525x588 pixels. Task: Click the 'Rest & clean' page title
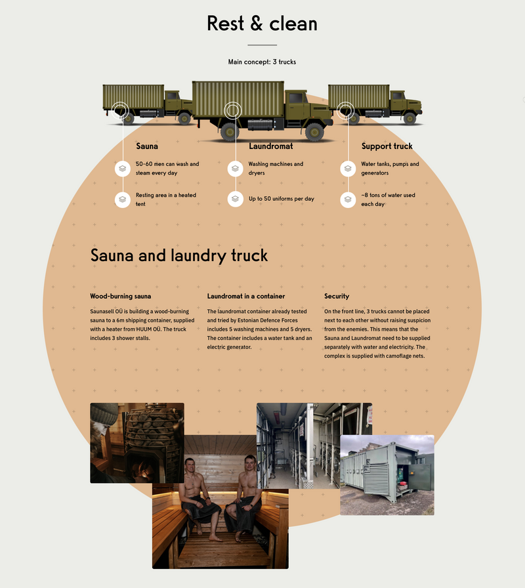point(262,24)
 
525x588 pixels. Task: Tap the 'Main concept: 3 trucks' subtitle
point(262,62)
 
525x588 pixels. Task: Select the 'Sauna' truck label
point(147,146)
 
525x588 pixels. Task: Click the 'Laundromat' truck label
point(271,146)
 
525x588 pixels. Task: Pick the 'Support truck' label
point(387,146)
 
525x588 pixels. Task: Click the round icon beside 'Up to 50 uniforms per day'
point(235,199)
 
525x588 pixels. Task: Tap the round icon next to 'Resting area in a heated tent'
point(123,199)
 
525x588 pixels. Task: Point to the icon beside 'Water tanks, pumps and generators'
point(348,169)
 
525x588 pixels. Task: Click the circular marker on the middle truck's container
point(233,110)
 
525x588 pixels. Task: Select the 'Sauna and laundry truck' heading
point(179,256)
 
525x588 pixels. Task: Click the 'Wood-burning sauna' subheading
point(120,296)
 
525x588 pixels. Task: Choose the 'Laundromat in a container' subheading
point(246,296)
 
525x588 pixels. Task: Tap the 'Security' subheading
point(337,296)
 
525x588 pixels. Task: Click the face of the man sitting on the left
point(190,466)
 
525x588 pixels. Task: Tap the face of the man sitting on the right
point(250,464)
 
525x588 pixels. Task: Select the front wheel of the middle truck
point(314,132)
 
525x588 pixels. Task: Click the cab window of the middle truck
point(295,98)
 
